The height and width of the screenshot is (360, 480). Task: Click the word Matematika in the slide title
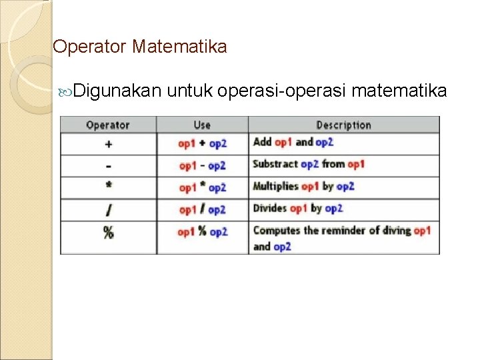tap(179, 47)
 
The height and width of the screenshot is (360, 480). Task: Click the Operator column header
tap(108, 125)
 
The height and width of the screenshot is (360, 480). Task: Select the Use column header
tap(202, 125)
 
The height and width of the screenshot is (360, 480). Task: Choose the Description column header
tap(343, 125)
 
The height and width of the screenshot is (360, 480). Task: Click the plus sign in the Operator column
tap(108, 143)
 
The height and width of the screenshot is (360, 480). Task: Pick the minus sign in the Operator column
tap(108, 165)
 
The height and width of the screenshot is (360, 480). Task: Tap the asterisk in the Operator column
tap(108, 187)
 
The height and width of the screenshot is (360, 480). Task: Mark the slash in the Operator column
tap(108, 210)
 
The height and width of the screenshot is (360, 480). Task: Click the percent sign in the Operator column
tap(108, 233)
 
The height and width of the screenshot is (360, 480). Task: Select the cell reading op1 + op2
tap(203, 143)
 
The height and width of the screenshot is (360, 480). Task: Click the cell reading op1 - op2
tap(203, 165)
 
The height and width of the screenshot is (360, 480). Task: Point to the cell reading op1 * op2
tap(203, 187)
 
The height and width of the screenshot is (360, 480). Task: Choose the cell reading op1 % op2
tap(203, 232)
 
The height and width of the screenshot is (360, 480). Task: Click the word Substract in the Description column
tap(275, 164)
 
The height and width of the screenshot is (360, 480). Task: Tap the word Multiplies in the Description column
tap(275, 186)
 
